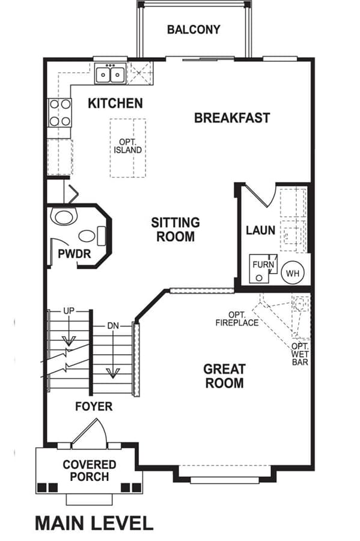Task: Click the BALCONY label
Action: pyautogui.click(x=194, y=29)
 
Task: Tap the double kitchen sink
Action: pyautogui.click(x=111, y=74)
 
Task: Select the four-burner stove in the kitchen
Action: pyautogui.click(x=60, y=112)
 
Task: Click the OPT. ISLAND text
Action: pyautogui.click(x=127, y=146)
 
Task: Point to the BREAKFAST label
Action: pyautogui.click(x=232, y=118)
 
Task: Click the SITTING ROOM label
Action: pyautogui.click(x=175, y=230)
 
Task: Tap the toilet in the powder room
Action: pyautogui.click(x=64, y=216)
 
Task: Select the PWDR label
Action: pyautogui.click(x=74, y=254)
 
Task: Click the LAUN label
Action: pyautogui.click(x=261, y=230)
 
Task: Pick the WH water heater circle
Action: pyautogui.click(x=293, y=274)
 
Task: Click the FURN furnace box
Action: pyautogui.click(x=263, y=269)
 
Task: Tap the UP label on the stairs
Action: pyautogui.click(x=69, y=311)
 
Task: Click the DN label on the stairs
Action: pyautogui.click(x=113, y=325)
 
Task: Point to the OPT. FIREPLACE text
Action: pyautogui.click(x=237, y=319)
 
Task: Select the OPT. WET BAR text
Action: pyautogui.click(x=300, y=354)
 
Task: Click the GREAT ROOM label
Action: pyautogui.click(x=225, y=376)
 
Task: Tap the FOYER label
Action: pyautogui.click(x=94, y=406)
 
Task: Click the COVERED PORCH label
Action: pyautogui.click(x=90, y=471)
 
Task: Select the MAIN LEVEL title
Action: pyautogui.click(x=94, y=523)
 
